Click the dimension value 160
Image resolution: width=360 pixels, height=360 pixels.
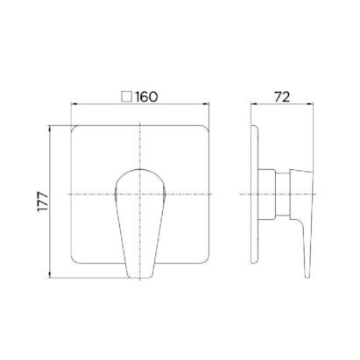coord(147,96)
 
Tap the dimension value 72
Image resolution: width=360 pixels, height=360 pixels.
coord(282,96)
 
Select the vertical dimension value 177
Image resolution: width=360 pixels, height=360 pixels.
coord(43,201)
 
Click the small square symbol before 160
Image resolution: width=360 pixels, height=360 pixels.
coord(127,96)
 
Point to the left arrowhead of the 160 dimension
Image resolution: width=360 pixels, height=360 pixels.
coord(74,103)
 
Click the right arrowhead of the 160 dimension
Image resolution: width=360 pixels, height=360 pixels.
coord(207,103)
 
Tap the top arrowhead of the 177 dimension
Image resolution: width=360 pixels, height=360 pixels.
coord(51,128)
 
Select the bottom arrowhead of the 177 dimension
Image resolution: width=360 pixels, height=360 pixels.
coord(51,275)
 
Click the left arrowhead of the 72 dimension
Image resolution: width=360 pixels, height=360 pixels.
coord(253,103)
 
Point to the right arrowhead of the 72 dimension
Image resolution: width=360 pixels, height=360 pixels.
coord(310,103)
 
